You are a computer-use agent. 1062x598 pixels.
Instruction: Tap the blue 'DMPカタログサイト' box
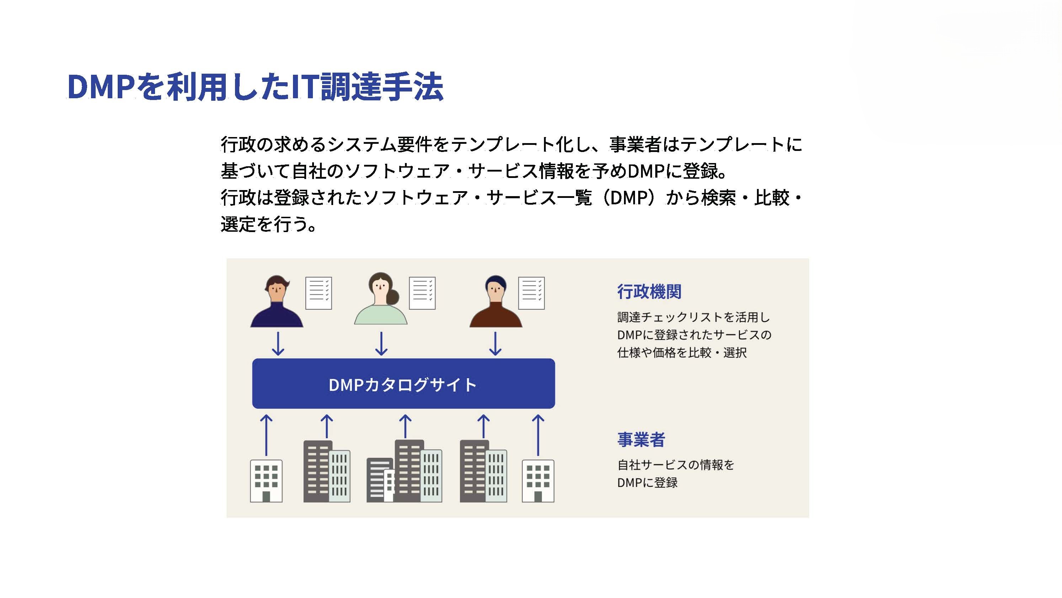[403, 383]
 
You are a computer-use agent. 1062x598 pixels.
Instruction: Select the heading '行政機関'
[649, 292]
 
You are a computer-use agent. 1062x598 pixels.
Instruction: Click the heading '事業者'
[641, 440]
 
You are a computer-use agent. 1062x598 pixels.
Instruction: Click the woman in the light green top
[380, 298]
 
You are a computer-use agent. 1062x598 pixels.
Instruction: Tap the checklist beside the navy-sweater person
[318, 293]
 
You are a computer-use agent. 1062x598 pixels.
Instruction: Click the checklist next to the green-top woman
[422, 293]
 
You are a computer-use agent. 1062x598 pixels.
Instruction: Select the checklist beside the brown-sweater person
[532, 293]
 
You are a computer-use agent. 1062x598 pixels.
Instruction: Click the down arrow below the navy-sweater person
[278, 344]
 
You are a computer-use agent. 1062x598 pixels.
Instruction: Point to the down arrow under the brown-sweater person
[495, 344]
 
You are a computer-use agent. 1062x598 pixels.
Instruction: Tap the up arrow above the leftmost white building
[266, 435]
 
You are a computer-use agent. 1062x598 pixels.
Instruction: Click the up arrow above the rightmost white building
[538, 435]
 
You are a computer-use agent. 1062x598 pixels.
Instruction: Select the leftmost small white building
[266, 481]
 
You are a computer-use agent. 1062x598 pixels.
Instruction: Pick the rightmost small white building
[538, 481]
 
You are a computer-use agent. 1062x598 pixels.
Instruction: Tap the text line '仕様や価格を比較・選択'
[682, 352]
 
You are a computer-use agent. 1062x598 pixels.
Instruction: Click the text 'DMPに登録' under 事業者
[647, 482]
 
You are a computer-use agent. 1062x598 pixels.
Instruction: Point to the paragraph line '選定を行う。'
[269, 224]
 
